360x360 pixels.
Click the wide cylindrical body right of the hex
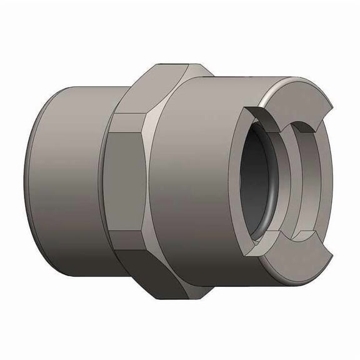tap(194, 181)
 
